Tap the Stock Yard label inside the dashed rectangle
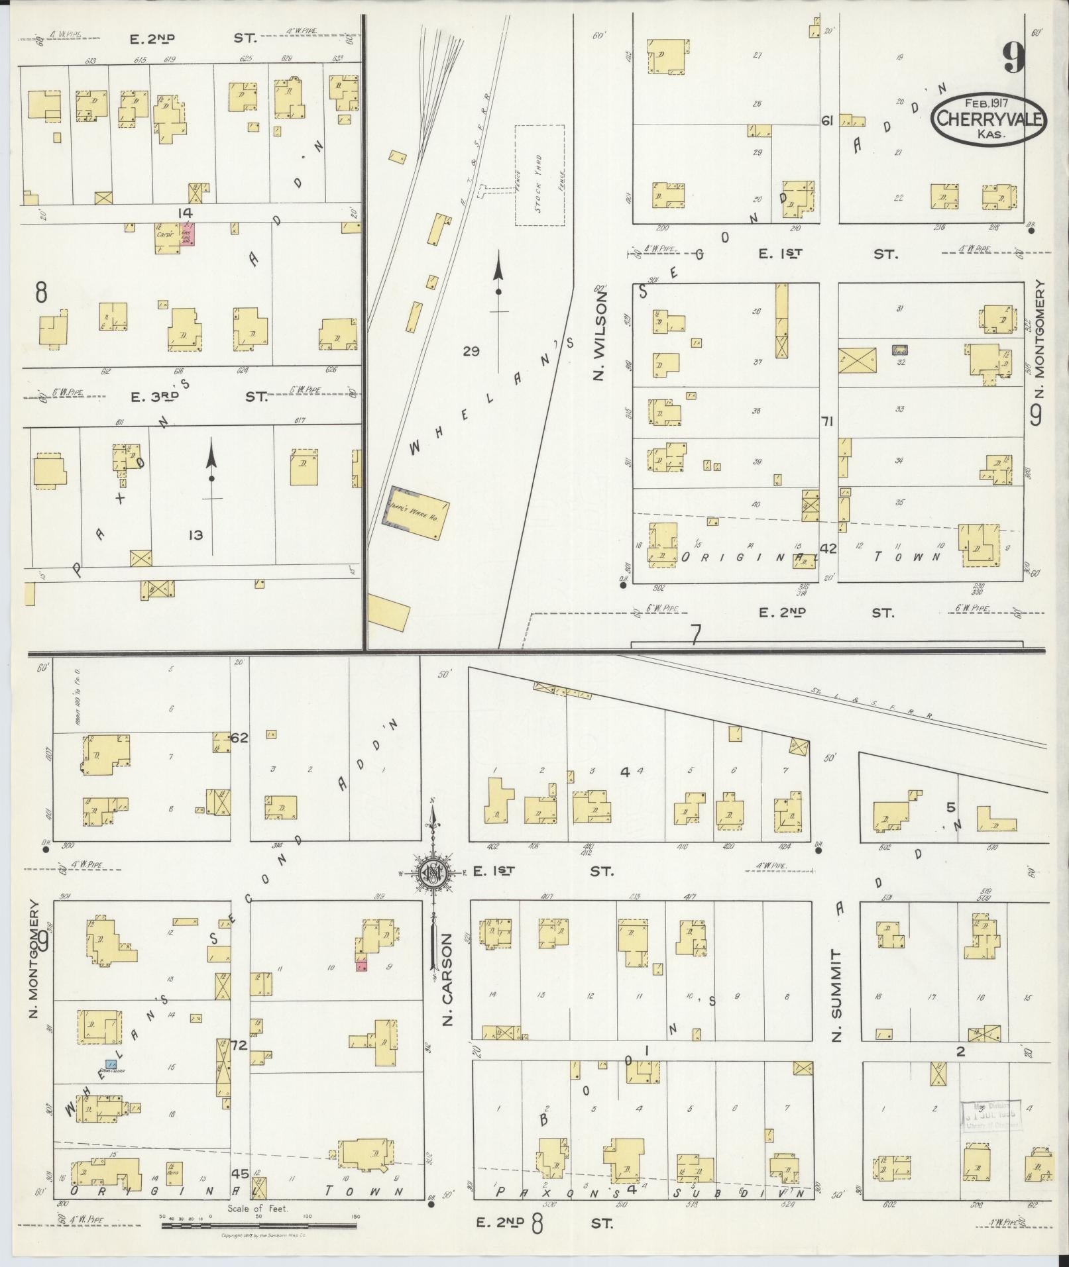coord(539,175)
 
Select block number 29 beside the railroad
coord(471,351)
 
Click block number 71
coord(826,421)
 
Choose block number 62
coord(239,737)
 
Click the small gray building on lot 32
coord(899,350)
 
